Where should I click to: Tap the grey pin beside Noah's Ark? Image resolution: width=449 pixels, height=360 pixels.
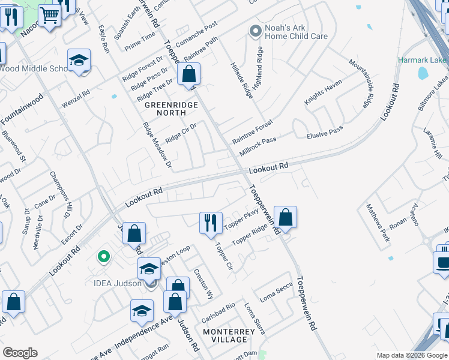coord(256,30)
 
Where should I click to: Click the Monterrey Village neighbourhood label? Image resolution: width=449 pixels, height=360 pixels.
coord(224,335)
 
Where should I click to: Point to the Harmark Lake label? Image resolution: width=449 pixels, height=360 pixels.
coord(423,61)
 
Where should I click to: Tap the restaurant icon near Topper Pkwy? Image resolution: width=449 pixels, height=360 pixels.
coord(211,223)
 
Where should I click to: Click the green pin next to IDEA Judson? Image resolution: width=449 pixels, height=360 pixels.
coord(104,257)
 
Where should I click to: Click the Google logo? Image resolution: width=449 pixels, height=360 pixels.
coord(20,353)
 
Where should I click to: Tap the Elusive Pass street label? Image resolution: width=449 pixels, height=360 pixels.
coord(324,131)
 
